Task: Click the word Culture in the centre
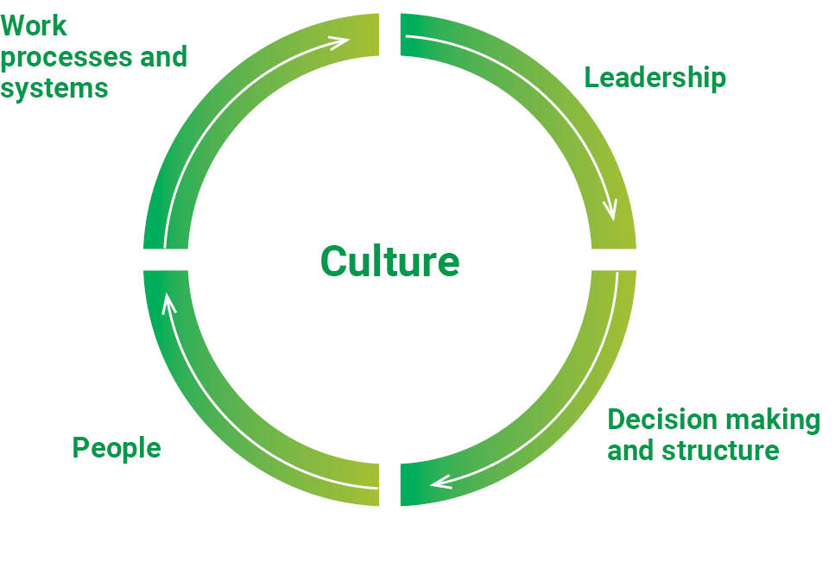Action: coord(389,261)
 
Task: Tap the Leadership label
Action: coord(655,78)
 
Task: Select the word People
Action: coord(117,448)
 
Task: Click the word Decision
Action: coord(662,420)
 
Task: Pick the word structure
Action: coord(731,451)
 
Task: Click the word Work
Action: coord(34,25)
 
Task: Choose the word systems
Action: coord(54,88)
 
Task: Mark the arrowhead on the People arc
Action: coord(168,300)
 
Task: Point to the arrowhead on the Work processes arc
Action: coord(340,40)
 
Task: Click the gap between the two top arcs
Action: coord(389,35)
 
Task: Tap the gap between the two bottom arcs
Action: coord(389,484)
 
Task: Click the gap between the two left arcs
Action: coord(165,260)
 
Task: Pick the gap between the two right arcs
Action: coord(614,260)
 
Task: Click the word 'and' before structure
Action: coord(629,451)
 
